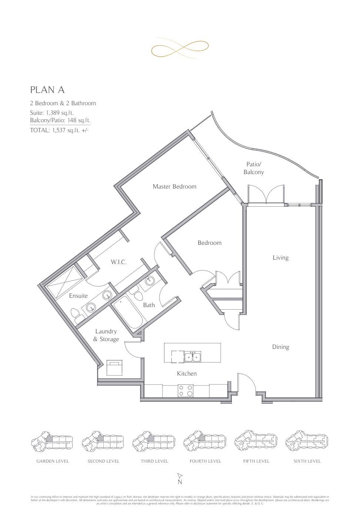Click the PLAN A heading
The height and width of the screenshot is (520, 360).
point(47,90)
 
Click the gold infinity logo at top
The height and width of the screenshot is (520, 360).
point(180,49)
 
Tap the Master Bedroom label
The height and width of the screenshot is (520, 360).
point(174,187)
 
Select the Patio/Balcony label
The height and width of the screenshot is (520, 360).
point(254,168)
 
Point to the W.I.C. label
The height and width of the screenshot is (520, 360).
point(119,262)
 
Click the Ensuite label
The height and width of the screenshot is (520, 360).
point(78,296)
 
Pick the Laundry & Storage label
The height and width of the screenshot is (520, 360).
point(106,335)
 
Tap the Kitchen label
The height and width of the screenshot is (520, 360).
point(187,374)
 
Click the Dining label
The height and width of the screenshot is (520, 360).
point(280,347)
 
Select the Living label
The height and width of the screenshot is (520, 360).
point(280,258)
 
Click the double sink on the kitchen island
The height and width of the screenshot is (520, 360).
point(193,357)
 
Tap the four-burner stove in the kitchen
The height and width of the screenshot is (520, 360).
point(186,391)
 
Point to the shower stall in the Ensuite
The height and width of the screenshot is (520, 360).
point(65,282)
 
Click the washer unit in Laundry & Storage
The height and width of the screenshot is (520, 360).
point(114,368)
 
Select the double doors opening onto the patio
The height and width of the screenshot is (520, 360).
point(266,194)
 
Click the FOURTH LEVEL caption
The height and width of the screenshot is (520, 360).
point(205,461)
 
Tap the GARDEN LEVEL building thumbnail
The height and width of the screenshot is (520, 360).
point(52,441)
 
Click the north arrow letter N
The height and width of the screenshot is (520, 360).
point(180,482)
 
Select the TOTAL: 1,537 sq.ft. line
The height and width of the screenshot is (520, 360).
point(59,130)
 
